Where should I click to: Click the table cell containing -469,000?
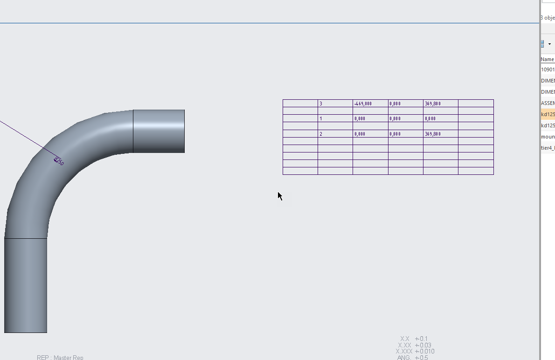(370, 104)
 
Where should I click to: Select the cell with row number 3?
(335, 104)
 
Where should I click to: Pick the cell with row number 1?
(335, 118)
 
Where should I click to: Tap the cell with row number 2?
(335, 134)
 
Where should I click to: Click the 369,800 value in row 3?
(440, 104)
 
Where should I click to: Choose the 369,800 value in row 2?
(440, 134)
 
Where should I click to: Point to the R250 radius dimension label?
(59, 161)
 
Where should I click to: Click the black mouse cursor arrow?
(280, 196)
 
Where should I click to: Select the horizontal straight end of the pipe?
(159, 131)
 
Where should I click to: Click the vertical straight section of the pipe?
(26, 285)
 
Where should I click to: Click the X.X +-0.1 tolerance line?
(414, 339)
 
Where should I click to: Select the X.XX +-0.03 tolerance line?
(414, 345)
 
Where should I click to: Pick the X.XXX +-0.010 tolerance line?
(415, 351)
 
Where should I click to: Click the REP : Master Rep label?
(60, 357)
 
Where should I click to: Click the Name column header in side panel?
(548, 59)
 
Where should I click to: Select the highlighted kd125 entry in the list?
(548, 114)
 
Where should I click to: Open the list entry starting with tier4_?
(548, 148)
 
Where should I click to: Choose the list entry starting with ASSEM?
(548, 103)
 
